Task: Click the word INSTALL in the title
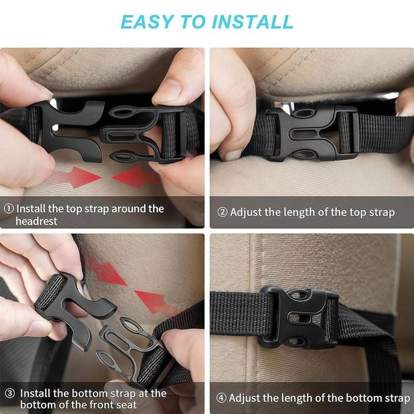coord(253,22)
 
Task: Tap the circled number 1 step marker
coord(9,209)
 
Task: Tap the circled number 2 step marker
coord(222,212)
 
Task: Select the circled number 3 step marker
coord(10,393)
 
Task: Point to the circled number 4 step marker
coord(221,397)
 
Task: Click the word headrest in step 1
coord(37,221)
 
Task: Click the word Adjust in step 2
coord(246,212)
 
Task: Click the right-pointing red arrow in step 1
coord(76,177)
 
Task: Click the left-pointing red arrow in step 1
coord(137,177)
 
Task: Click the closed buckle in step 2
coord(313,133)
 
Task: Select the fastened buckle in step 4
coord(298,318)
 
